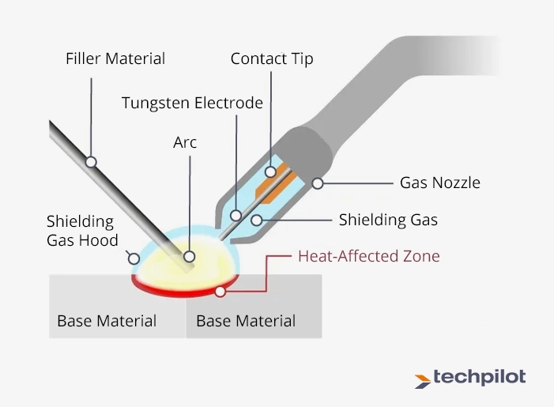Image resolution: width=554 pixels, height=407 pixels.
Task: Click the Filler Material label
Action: click(115, 58)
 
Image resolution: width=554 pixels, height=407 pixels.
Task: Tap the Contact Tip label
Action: click(272, 59)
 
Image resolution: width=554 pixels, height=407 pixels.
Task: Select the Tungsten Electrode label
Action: click(192, 103)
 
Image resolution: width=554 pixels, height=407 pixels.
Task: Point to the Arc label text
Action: click(185, 143)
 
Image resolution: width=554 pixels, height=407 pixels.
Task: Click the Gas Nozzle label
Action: click(439, 183)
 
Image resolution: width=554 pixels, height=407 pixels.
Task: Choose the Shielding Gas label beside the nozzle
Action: click(389, 220)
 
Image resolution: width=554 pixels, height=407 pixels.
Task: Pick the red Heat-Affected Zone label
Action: click(368, 256)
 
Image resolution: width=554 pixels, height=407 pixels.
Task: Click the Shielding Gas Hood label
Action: click(82, 231)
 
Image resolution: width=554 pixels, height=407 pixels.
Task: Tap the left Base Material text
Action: click(107, 321)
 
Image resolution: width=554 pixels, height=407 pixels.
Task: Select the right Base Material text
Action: click(246, 321)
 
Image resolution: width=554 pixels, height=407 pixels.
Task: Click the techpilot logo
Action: click(469, 378)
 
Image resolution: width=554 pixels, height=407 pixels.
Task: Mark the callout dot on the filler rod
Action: click(91, 161)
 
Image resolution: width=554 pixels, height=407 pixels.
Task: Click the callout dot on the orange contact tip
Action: click(271, 171)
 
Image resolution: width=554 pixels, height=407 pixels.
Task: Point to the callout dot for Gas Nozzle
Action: click(318, 183)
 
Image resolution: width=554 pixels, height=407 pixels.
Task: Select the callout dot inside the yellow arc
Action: click(189, 257)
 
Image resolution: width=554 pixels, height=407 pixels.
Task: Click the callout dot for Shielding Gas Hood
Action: click(134, 258)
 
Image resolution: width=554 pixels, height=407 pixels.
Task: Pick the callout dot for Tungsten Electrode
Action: click(236, 214)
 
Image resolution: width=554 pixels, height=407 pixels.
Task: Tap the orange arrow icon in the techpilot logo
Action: click(423, 380)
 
